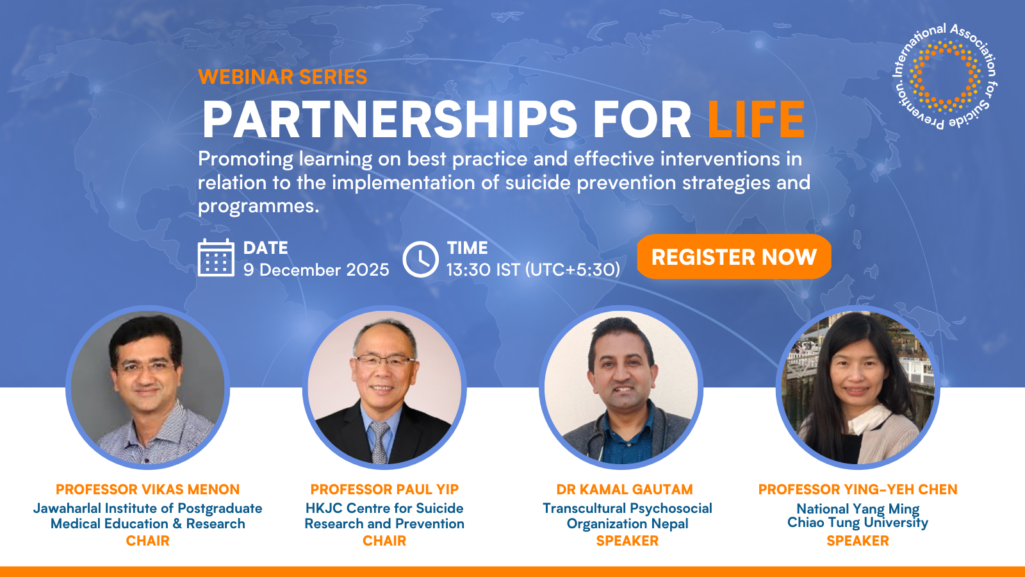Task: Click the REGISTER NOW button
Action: (x=734, y=256)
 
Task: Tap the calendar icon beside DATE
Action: (x=216, y=258)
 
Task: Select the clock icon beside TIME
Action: (x=420, y=259)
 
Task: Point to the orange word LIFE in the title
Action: (x=756, y=119)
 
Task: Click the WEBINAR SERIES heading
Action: (x=283, y=77)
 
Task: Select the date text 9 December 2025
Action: (x=316, y=270)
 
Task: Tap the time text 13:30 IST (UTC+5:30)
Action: (x=533, y=270)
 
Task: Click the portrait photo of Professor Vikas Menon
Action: (x=148, y=387)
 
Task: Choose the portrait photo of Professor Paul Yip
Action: (x=384, y=387)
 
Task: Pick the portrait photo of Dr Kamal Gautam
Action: (x=621, y=387)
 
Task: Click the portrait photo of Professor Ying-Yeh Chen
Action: (x=858, y=387)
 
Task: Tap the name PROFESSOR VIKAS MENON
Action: (x=147, y=490)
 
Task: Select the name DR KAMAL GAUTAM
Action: (x=625, y=490)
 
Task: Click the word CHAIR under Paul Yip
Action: (x=384, y=541)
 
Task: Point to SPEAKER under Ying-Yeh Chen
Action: (x=858, y=541)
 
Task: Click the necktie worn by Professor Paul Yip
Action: (x=380, y=442)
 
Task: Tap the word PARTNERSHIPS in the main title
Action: (x=389, y=119)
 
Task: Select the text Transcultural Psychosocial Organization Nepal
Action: (x=627, y=516)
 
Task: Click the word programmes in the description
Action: (x=258, y=206)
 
